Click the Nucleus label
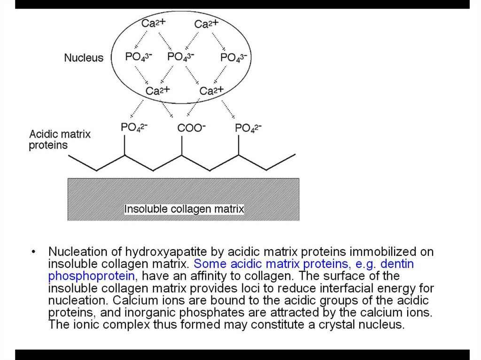(x=84, y=58)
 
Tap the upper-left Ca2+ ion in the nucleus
(x=153, y=23)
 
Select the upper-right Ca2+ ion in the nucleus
(x=206, y=24)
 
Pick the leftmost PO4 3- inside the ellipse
(x=138, y=57)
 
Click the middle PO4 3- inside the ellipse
(x=181, y=57)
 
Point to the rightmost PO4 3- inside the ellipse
(x=233, y=58)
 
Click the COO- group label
(x=191, y=128)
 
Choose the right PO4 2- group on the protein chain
(x=248, y=128)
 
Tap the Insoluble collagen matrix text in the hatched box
(x=184, y=208)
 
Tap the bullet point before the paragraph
(x=33, y=252)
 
